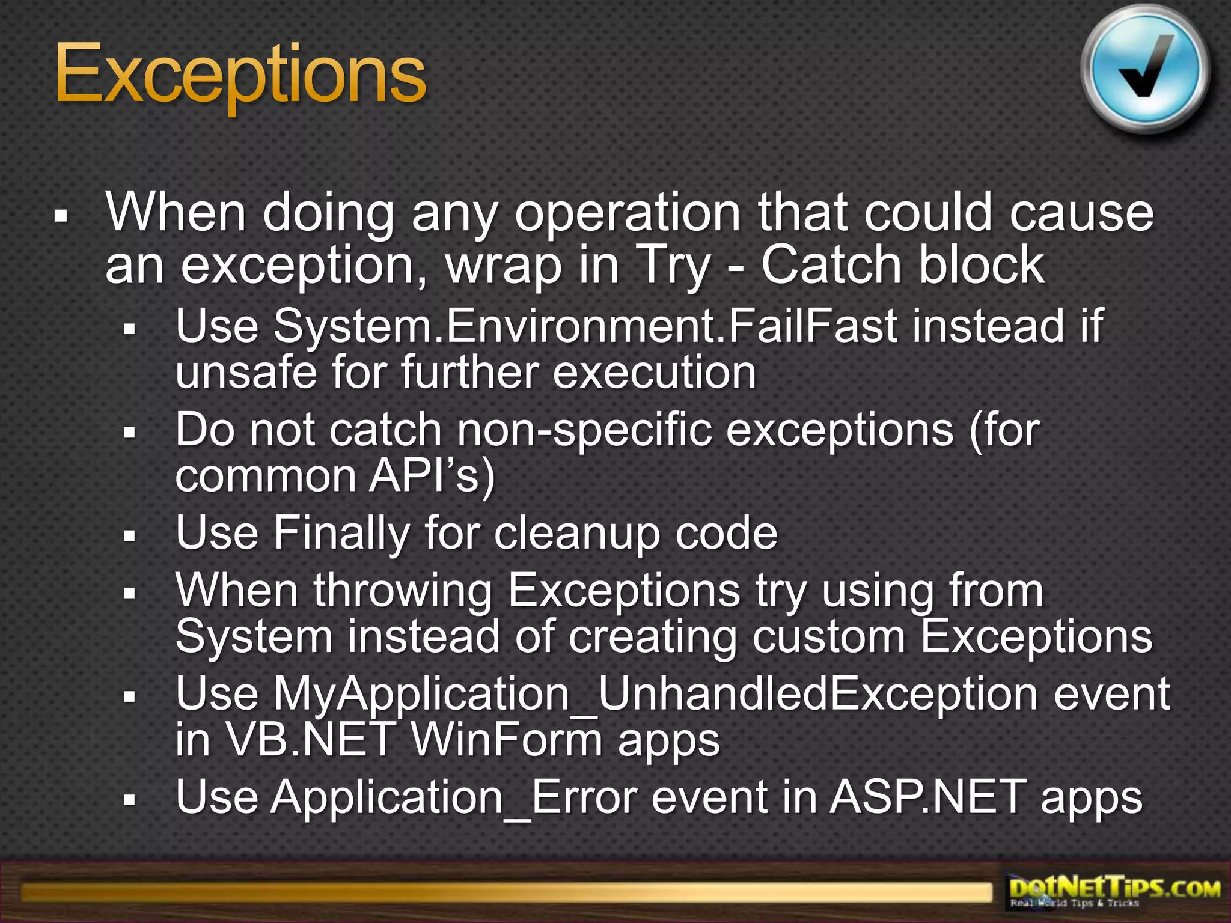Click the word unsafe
(245, 373)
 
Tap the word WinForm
(506, 740)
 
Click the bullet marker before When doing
(61, 215)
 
